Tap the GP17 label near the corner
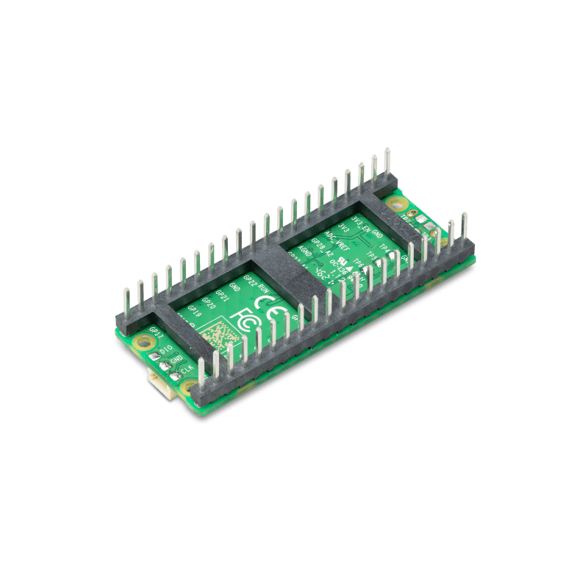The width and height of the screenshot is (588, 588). [155, 331]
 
